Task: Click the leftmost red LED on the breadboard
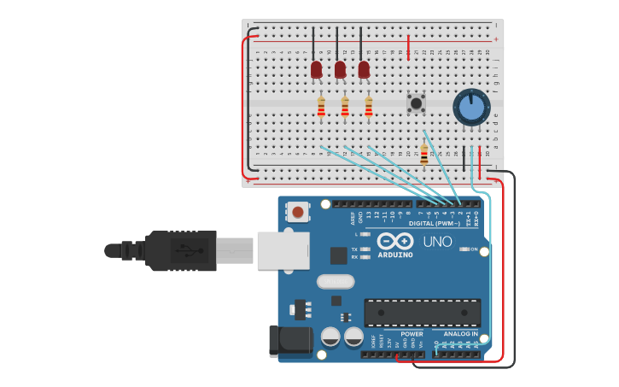[x=317, y=69]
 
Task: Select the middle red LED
[x=340, y=69]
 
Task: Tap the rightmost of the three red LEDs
[x=364, y=69]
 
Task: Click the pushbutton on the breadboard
[x=417, y=103]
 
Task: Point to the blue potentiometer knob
[x=470, y=108]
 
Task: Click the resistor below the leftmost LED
[x=321, y=107]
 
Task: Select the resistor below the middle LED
[x=345, y=107]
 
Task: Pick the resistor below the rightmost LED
[x=369, y=107]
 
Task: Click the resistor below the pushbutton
[x=424, y=155]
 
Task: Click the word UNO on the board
[x=438, y=242]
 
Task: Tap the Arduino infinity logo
[x=395, y=242]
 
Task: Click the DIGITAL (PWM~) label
[x=434, y=224]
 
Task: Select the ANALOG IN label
[x=461, y=334]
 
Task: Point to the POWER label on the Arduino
[x=412, y=334]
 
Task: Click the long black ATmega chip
[x=422, y=312]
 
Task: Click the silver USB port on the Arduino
[x=283, y=251]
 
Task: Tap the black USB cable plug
[x=181, y=250]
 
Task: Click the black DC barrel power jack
[x=288, y=340]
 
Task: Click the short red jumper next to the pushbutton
[x=409, y=44]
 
